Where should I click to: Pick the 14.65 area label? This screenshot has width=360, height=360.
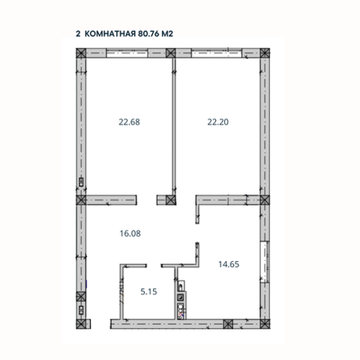(x=228, y=263)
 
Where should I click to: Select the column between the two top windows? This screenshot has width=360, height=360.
(x=171, y=55)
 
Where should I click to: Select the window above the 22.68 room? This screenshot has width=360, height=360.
(x=126, y=55)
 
